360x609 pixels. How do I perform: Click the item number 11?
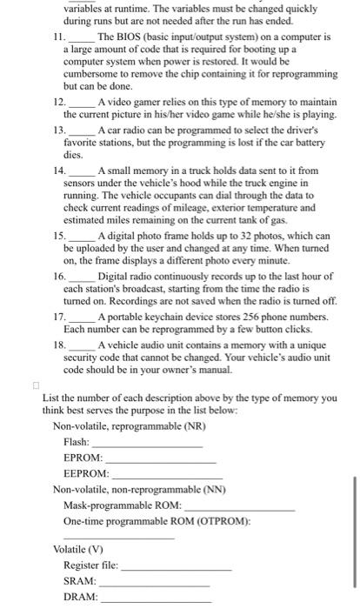pos(58,37)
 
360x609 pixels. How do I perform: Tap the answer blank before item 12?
pos(82,104)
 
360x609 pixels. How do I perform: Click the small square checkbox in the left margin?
pos(35,384)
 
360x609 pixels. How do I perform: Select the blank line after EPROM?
pos(160,459)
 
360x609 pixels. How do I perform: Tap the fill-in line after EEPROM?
pos(167,475)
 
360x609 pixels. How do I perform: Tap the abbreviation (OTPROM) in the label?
pos(221,521)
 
